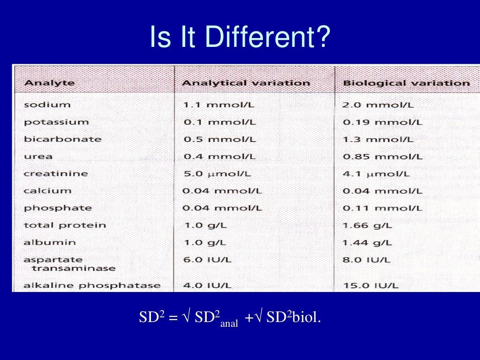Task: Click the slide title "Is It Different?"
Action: coord(240,37)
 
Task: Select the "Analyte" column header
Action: coord(49,83)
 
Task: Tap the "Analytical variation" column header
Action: coord(246,83)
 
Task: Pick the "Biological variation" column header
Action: coord(406,83)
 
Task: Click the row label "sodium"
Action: coord(47,105)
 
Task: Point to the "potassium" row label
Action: coord(56,122)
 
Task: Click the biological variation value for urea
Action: coord(382,157)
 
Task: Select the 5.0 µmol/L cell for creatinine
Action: coord(217,173)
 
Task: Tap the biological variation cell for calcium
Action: coord(382,191)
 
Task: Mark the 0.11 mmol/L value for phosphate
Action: coord(382,208)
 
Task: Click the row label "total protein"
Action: coord(65,225)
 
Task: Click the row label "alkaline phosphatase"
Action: coord(92,285)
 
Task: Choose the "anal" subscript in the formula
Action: coord(229,323)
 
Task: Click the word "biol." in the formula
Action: coord(307,318)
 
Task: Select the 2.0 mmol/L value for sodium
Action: coord(378,105)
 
